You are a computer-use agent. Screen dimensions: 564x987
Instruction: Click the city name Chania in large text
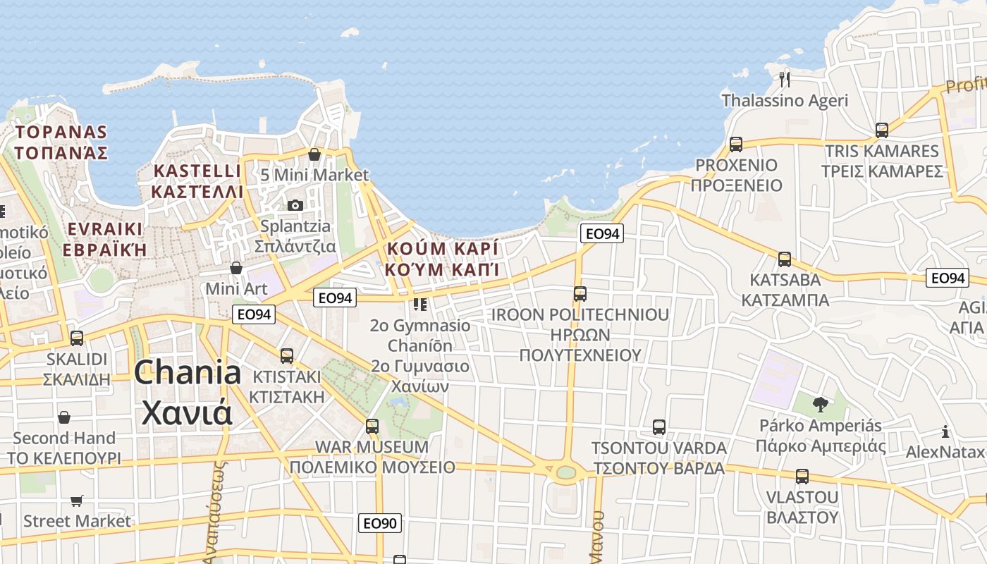187,373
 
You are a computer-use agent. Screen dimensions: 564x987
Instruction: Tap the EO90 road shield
380,523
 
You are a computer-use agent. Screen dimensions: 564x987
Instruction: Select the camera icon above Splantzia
295,205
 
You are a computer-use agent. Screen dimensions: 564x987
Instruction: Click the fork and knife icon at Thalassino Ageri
785,78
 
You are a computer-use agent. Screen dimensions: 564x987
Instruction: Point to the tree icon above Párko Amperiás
820,404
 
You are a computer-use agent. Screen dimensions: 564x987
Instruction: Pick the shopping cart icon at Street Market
77,501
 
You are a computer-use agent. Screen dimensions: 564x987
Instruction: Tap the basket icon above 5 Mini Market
314,154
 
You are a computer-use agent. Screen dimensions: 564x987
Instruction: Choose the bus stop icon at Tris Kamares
882,130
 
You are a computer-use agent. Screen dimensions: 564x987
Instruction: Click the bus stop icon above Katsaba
785,259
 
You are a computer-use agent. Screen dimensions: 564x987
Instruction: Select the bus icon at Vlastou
802,477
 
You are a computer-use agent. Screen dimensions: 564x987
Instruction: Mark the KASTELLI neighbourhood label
197,171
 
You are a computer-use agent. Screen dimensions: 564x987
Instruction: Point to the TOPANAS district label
61,132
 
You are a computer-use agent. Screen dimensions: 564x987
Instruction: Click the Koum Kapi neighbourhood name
442,249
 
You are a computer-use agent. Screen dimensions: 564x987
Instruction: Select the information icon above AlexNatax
945,431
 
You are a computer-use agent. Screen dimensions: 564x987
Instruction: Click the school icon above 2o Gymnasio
420,305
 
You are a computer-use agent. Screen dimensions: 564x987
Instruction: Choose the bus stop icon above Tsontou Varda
659,427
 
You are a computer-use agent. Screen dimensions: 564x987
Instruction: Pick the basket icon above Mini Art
236,268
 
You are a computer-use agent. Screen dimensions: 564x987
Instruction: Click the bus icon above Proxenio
736,145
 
